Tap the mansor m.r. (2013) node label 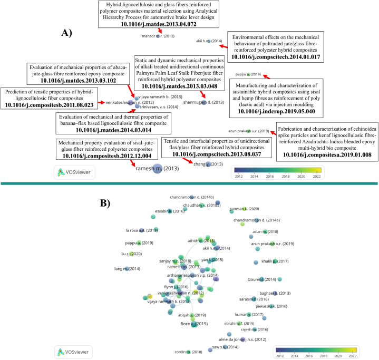click(159, 36)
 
